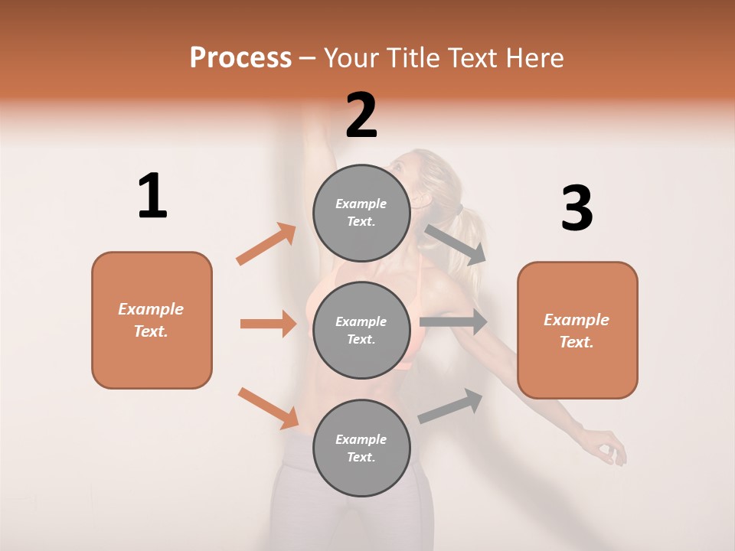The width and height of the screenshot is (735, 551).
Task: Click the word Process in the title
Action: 240,57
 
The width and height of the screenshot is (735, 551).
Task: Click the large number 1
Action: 152,196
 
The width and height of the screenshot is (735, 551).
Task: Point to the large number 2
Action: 361,116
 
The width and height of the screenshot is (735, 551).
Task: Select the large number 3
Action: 577,208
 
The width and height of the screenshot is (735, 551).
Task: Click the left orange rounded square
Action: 152,320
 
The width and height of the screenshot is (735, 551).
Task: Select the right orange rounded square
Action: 577,331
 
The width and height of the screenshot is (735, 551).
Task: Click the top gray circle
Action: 361,213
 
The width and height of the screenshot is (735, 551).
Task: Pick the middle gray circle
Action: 361,330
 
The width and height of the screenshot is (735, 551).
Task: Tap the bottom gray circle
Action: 361,448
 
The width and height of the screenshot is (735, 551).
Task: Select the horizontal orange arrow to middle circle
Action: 268,324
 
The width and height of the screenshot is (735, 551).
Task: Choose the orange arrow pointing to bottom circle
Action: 269,408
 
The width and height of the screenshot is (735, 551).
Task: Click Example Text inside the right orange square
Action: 577,331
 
